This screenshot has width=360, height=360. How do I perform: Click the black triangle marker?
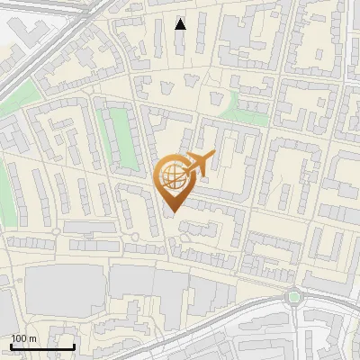pos(180,24)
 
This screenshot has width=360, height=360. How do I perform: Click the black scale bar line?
pos(42,346)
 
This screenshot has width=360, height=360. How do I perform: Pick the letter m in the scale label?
pos(32,338)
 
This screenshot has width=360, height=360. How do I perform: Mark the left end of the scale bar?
pos(11,346)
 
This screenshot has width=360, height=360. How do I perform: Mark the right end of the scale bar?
pos(74,346)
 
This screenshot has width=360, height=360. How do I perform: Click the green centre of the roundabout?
pos(293,296)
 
